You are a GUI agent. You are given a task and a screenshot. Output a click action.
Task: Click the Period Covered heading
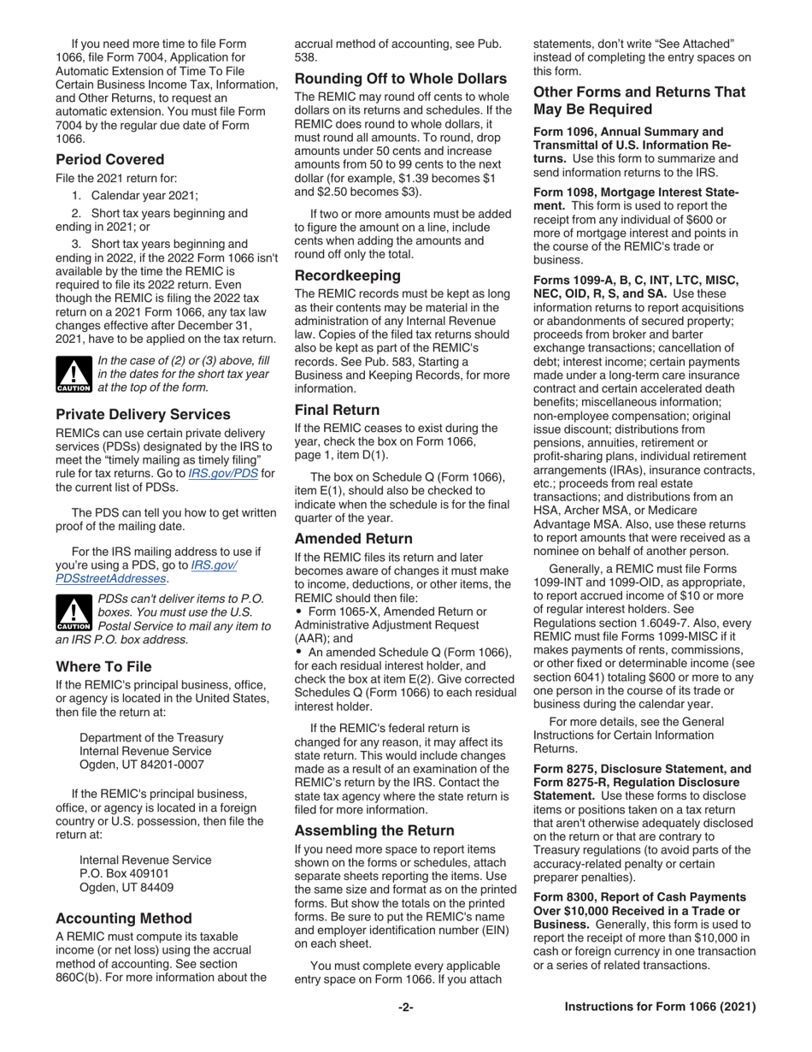tap(110, 159)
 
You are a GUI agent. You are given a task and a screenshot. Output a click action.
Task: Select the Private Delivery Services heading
tap(144, 414)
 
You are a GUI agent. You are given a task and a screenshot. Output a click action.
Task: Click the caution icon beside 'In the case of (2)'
tap(74, 375)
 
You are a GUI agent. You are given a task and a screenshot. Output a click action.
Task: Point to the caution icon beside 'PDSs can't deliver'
tap(74, 612)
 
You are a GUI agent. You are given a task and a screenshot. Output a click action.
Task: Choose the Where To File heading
tap(104, 666)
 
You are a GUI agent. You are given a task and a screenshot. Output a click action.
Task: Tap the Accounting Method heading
tap(124, 919)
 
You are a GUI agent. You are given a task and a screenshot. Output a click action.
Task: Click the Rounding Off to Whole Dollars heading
tap(401, 79)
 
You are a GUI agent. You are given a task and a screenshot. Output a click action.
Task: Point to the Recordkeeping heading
tap(348, 275)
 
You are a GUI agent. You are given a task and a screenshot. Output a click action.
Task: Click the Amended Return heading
tap(354, 539)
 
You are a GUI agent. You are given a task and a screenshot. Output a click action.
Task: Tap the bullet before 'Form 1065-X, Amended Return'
tap(298, 612)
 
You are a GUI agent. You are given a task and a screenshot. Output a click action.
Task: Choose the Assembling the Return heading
tap(374, 830)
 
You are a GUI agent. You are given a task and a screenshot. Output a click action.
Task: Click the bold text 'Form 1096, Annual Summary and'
tap(628, 132)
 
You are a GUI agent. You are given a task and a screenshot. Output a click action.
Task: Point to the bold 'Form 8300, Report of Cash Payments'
tap(639, 897)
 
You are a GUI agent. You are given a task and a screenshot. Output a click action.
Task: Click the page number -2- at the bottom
tap(406, 1008)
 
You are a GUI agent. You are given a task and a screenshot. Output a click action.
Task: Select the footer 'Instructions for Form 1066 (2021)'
tap(660, 1008)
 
